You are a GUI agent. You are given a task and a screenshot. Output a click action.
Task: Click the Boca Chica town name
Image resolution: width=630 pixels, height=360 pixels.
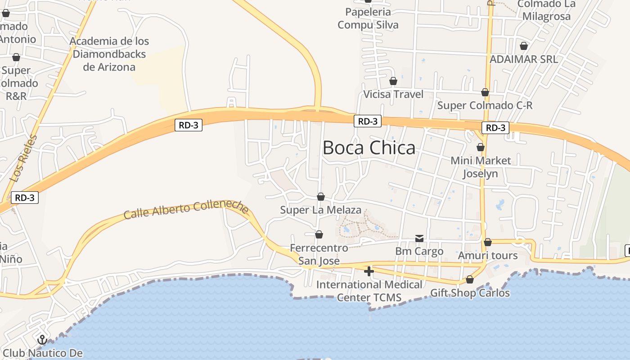click(369, 148)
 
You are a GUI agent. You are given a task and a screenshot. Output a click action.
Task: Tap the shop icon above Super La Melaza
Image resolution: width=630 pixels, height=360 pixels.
click(321, 197)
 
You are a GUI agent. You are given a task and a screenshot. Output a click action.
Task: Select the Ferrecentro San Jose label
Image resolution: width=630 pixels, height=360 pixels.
click(319, 254)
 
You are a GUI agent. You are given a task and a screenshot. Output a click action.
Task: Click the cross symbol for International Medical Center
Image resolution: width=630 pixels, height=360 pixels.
click(369, 271)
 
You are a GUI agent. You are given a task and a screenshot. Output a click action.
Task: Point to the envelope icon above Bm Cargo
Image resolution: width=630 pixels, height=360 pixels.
click(419, 238)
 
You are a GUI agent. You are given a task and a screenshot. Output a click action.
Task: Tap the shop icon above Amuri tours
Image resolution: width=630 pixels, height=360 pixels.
click(488, 242)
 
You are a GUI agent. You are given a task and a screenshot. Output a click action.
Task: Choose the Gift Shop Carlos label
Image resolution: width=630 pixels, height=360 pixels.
click(470, 293)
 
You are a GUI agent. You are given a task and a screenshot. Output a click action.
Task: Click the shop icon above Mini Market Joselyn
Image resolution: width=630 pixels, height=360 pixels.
click(481, 147)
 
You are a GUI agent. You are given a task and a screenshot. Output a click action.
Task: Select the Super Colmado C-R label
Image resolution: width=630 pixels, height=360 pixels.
click(485, 105)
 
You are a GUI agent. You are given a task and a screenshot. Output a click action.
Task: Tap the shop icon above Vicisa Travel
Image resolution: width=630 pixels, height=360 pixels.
click(393, 81)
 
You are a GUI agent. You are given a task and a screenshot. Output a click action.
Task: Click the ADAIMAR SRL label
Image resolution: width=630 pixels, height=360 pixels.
click(523, 59)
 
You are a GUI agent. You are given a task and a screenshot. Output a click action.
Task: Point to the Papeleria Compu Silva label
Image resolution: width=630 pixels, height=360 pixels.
click(368, 18)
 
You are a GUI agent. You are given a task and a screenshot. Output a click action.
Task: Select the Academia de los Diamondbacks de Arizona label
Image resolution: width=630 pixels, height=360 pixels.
click(109, 54)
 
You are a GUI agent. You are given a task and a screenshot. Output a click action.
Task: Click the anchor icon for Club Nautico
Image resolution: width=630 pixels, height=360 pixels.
click(42, 340)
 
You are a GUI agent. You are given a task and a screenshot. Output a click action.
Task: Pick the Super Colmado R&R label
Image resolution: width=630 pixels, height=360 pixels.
click(17, 83)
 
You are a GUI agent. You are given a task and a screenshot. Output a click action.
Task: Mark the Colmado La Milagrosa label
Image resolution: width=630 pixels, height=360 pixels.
click(546, 10)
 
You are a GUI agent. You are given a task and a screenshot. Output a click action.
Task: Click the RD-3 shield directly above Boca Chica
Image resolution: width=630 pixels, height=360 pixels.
click(368, 121)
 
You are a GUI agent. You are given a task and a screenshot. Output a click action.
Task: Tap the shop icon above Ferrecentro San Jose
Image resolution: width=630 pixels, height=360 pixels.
click(319, 234)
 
